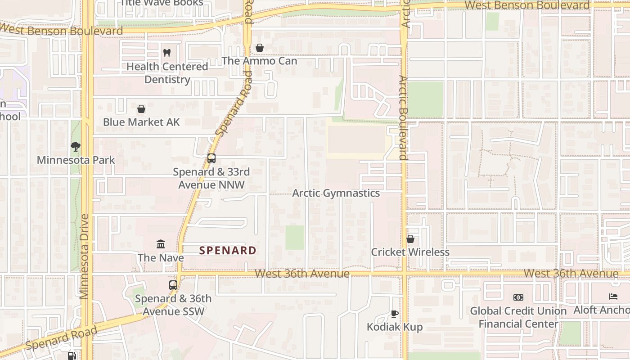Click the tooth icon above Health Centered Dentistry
[166, 53]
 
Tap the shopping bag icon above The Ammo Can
[259, 48]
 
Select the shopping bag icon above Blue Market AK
[141, 109]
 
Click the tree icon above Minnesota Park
[76, 147]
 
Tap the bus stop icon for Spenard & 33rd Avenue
[211, 158]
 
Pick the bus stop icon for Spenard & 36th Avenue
[173, 285]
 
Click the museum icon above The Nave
[161, 244]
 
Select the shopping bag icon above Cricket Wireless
[410, 239]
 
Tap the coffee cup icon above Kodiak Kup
[395, 314]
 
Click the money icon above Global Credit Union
[518, 297]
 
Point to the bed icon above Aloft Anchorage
[613, 297]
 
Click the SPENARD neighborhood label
[228, 251]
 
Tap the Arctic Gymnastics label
[336, 193]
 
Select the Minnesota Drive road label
[84, 256]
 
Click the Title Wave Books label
[162, 3]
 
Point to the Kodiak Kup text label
[395, 327]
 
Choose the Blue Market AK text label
[141, 122]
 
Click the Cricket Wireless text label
[410, 252]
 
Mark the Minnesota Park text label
[76, 160]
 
